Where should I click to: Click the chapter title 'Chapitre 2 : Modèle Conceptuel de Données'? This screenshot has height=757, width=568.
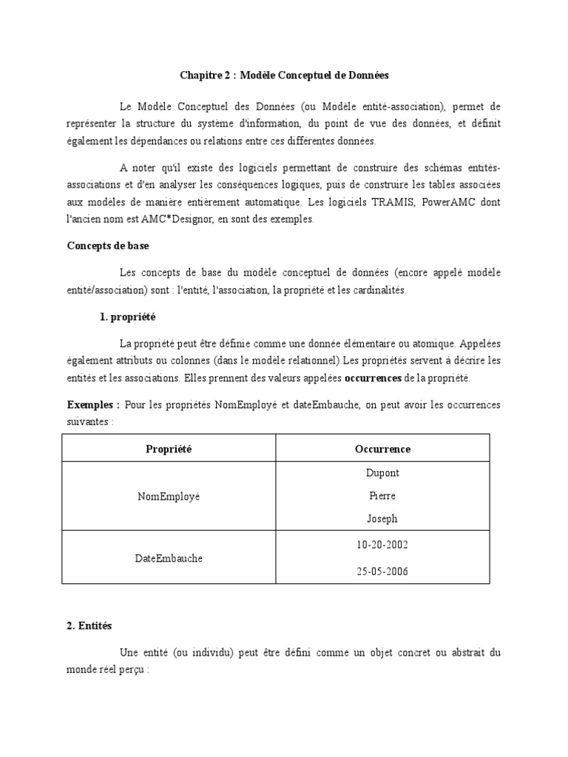[284, 75]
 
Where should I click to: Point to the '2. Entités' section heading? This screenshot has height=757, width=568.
[89, 625]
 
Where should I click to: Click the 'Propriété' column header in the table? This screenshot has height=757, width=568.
[169, 449]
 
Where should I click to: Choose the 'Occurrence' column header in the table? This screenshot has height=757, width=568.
[382, 449]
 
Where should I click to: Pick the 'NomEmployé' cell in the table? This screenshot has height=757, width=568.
[169, 496]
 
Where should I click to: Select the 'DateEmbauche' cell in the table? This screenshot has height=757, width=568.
[169, 558]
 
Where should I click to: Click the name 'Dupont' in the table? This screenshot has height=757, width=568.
[382, 473]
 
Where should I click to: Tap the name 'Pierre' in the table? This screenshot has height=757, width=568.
[382, 496]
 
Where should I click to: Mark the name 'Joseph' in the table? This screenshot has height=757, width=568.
[382, 519]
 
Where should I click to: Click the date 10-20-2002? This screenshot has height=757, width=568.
[382, 545]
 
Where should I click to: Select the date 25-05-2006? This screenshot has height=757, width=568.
[382, 571]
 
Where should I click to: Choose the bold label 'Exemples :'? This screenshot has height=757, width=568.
[93, 405]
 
